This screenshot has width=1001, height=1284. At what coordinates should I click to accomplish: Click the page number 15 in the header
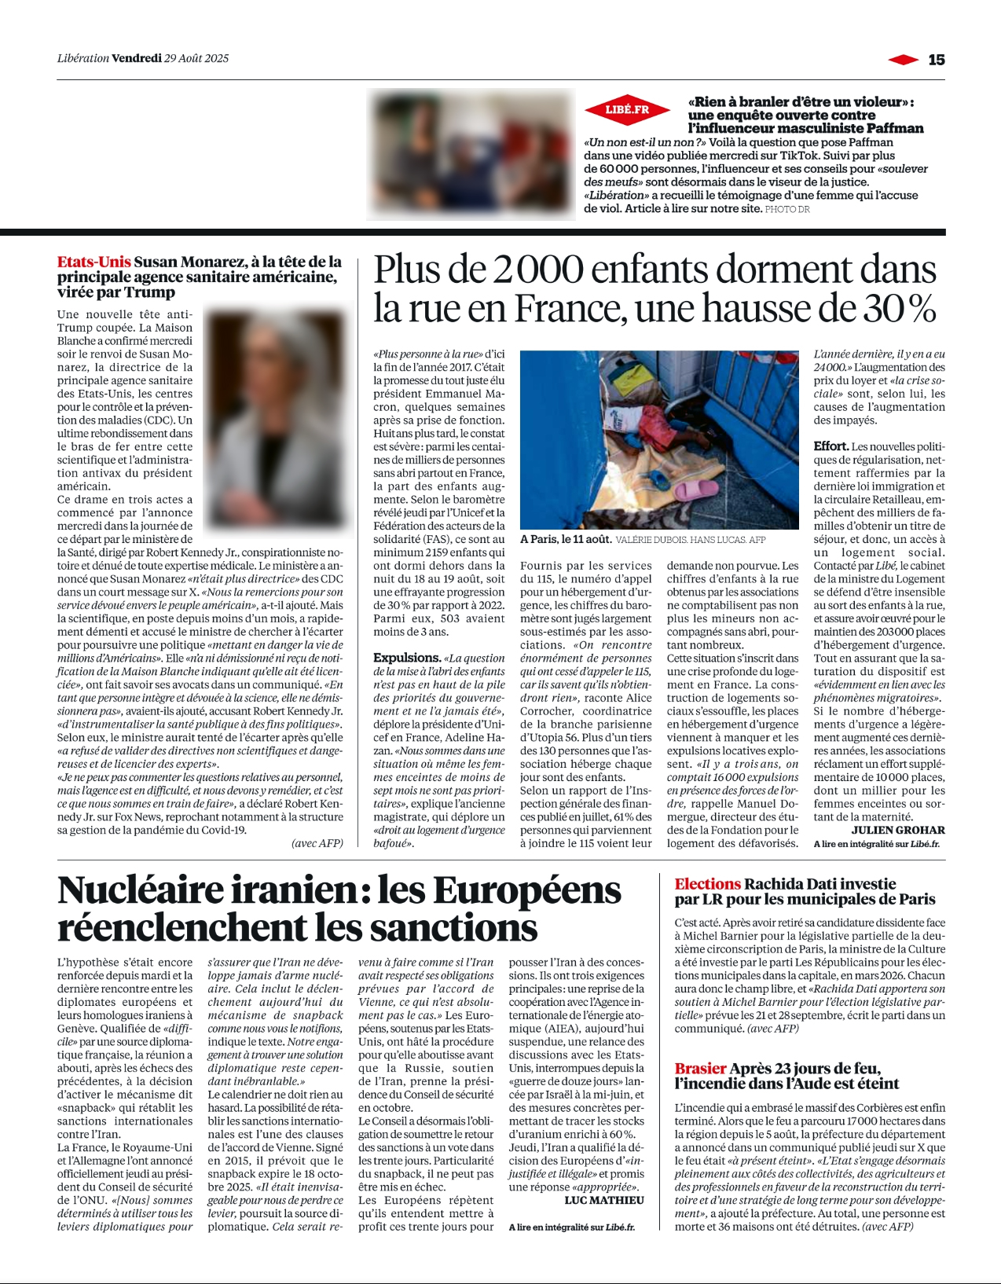pyautogui.click(x=936, y=60)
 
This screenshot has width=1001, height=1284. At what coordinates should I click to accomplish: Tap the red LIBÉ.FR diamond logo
pyautogui.click(x=627, y=110)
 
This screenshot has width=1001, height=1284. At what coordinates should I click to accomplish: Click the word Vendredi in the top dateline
pyautogui.click(x=137, y=58)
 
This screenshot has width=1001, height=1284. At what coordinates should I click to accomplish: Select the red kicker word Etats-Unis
pyautogui.click(x=93, y=262)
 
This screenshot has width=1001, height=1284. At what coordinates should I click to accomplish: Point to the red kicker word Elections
pyautogui.click(x=707, y=884)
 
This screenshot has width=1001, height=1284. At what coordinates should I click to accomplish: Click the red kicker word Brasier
pyautogui.click(x=700, y=1069)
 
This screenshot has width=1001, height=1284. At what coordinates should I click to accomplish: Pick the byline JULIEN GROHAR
pyautogui.click(x=898, y=830)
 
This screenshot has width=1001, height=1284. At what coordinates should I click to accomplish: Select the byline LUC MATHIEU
pyautogui.click(x=604, y=1200)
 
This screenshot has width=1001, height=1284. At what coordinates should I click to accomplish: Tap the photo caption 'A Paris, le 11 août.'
pyautogui.click(x=566, y=539)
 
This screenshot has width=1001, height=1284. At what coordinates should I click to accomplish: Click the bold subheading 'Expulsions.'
pyautogui.click(x=406, y=658)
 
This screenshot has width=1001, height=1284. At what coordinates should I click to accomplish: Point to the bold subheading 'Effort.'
pyautogui.click(x=830, y=446)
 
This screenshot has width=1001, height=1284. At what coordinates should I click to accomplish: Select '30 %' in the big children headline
pyautogui.click(x=900, y=309)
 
